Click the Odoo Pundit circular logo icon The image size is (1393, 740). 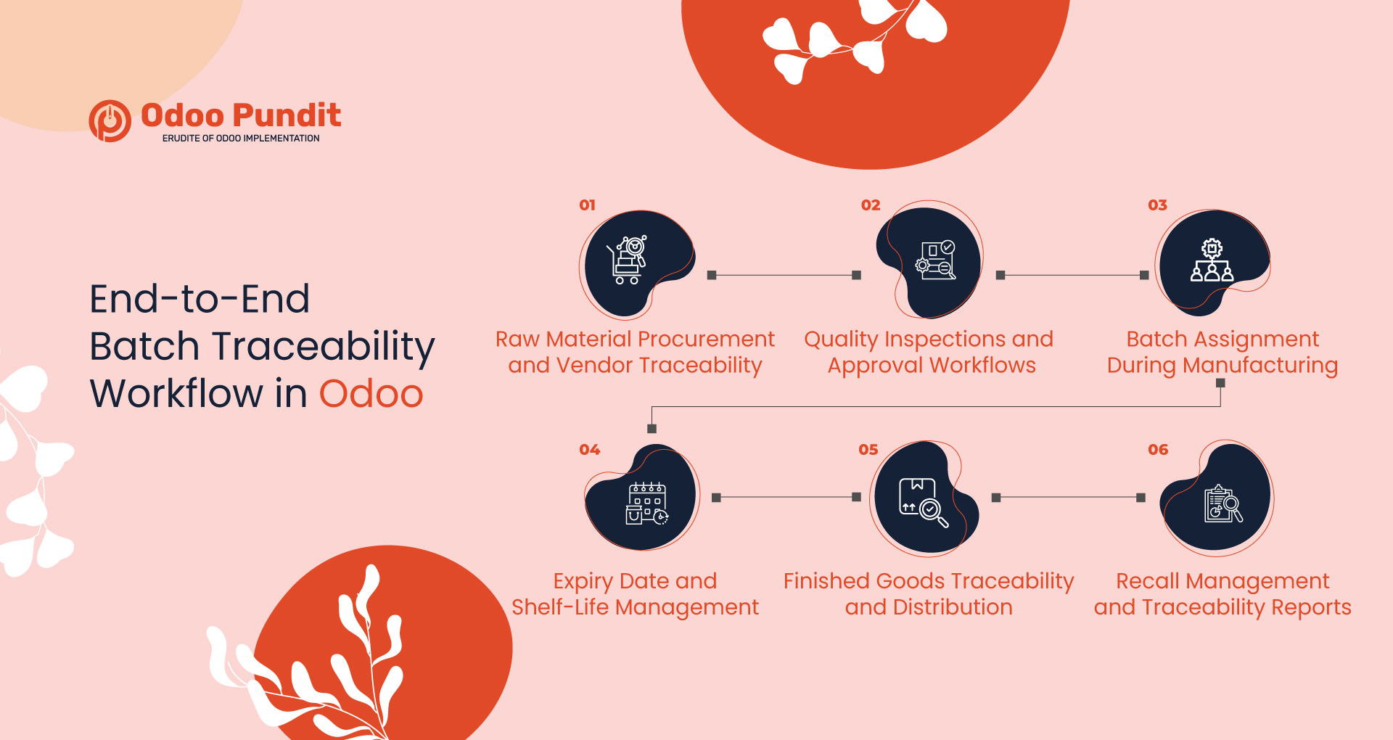[x=110, y=121]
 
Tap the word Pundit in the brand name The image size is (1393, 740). [x=287, y=115]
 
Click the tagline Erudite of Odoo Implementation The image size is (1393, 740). [x=241, y=139]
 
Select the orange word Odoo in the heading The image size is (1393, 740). [x=371, y=394]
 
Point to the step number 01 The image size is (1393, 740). [x=587, y=205]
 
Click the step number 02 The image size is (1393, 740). [x=871, y=205]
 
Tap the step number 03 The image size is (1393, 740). [x=1157, y=205]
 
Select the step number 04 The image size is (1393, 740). [x=589, y=450]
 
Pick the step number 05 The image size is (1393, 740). [x=868, y=450]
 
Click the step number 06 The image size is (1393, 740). [x=1158, y=450]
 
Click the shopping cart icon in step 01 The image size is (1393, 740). [x=628, y=260]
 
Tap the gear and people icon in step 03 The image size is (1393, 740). [x=1212, y=260]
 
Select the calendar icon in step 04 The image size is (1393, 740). [x=646, y=503]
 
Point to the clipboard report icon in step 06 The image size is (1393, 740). [x=1223, y=503]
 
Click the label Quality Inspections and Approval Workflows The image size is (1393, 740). [x=929, y=352]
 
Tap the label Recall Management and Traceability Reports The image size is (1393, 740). [x=1223, y=593]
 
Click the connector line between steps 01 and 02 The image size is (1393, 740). [x=784, y=276]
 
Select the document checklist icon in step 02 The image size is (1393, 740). [x=936, y=260]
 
